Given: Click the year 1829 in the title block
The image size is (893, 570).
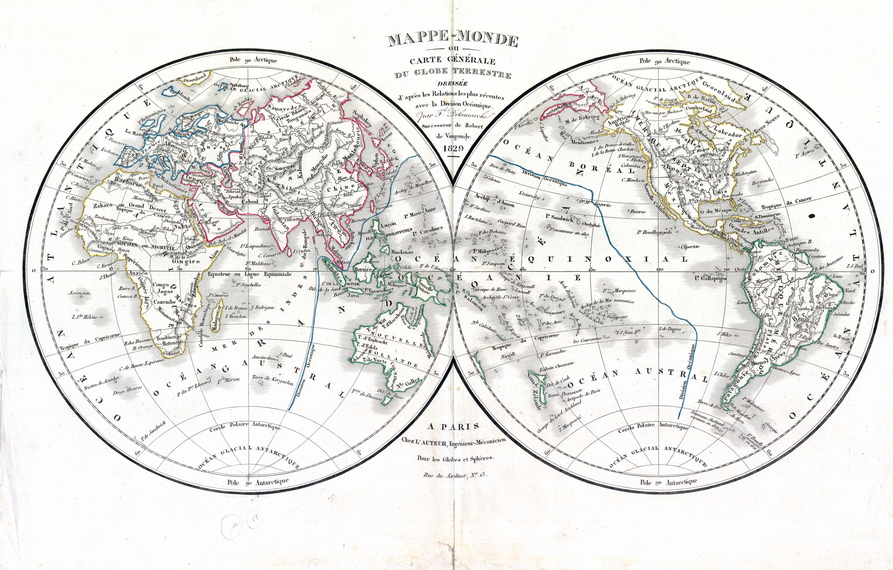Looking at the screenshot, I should (453, 148).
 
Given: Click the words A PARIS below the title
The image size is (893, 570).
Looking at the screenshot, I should (453, 427).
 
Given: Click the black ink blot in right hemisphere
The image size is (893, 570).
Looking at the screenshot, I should (811, 215).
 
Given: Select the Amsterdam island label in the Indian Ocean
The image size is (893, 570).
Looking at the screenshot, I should (263, 358).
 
